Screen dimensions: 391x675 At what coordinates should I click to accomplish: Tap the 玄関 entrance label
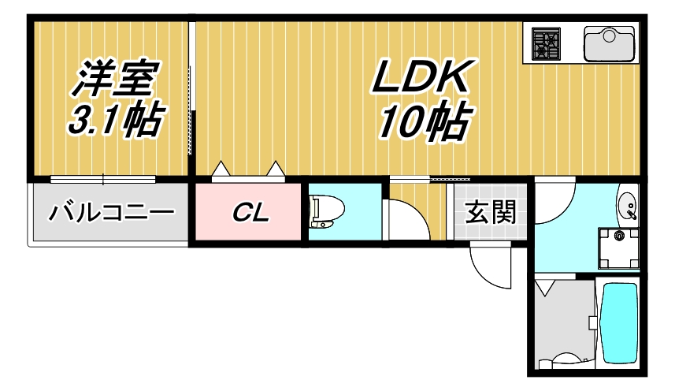click(x=489, y=213)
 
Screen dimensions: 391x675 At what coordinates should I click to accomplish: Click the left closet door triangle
click(x=222, y=168)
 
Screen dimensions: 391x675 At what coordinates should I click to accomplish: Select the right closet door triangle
click(x=276, y=168)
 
